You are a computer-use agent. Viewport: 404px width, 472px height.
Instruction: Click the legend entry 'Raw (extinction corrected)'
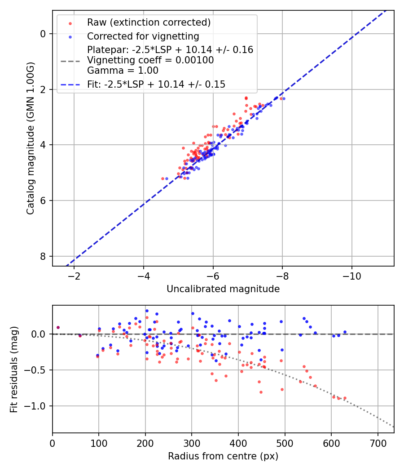(x=149, y=22)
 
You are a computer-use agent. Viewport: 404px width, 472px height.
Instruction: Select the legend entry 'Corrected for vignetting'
(x=143, y=36)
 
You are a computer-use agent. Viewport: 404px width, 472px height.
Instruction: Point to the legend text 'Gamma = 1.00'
(x=123, y=70)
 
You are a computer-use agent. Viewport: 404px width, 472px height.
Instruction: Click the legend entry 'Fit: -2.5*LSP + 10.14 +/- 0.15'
(x=156, y=84)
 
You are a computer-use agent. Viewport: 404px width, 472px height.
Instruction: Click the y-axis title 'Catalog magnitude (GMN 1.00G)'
(x=30, y=138)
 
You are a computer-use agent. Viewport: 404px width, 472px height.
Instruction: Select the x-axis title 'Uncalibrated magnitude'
(x=223, y=289)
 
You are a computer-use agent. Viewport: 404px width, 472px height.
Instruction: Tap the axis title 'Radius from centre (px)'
(x=223, y=456)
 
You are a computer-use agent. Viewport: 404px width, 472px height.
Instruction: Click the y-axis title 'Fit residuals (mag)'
(x=14, y=369)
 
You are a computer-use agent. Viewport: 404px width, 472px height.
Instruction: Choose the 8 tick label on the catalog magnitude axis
(x=43, y=256)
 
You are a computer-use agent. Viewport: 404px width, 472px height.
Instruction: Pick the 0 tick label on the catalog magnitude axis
(x=43, y=34)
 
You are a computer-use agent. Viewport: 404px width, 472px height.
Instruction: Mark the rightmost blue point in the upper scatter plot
(x=283, y=98)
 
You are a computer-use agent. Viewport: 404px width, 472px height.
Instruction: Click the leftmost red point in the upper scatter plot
(x=162, y=178)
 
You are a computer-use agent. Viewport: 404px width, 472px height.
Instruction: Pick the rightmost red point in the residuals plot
(x=345, y=398)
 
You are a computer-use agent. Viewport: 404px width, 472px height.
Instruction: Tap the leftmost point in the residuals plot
(x=58, y=327)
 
